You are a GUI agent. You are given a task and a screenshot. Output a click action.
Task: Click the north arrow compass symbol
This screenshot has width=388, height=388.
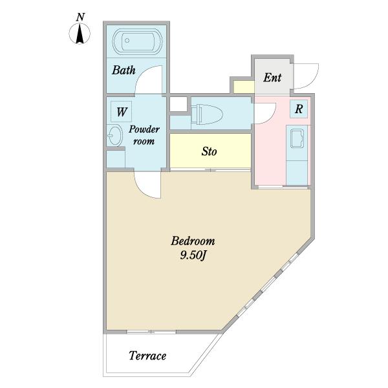pyautogui.click(x=80, y=34)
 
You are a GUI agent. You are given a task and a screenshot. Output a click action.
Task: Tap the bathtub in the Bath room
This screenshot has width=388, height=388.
pyautogui.click(x=137, y=41)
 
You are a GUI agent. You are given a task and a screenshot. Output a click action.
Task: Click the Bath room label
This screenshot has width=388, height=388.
pyautogui.click(x=124, y=70)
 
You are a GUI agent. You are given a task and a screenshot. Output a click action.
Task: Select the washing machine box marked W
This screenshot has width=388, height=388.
pyautogui.click(x=122, y=112)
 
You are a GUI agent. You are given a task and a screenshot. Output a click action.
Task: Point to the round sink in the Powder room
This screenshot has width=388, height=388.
pyautogui.click(x=115, y=135)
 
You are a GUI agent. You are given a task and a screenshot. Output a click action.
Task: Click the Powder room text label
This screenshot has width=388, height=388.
pyautogui.click(x=144, y=135)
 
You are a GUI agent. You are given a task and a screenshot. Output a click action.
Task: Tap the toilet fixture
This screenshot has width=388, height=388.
pyautogui.click(x=207, y=114)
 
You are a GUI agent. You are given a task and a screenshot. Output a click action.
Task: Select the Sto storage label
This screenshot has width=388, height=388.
pyautogui.click(x=209, y=151)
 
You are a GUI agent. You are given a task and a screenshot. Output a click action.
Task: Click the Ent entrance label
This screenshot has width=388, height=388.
pyautogui.click(x=272, y=78)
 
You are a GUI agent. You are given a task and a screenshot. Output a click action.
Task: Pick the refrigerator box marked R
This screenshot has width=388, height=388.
pyautogui.click(x=299, y=109)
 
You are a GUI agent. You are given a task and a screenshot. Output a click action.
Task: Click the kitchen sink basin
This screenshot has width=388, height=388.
pyautogui.click(x=297, y=138)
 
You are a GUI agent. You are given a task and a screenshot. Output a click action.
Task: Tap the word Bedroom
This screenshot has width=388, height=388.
pyautogui.click(x=193, y=241)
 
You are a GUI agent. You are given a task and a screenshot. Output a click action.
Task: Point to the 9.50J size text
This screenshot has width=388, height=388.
pyautogui.click(x=193, y=255)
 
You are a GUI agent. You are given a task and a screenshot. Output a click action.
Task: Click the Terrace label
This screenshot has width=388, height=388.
pyautogui.click(x=147, y=356)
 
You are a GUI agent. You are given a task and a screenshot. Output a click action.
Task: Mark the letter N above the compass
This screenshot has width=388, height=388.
pyautogui.click(x=80, y=17)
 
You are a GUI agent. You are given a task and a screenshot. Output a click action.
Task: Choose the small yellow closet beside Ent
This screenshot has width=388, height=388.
pyautogui.click(x=244, y=87)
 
